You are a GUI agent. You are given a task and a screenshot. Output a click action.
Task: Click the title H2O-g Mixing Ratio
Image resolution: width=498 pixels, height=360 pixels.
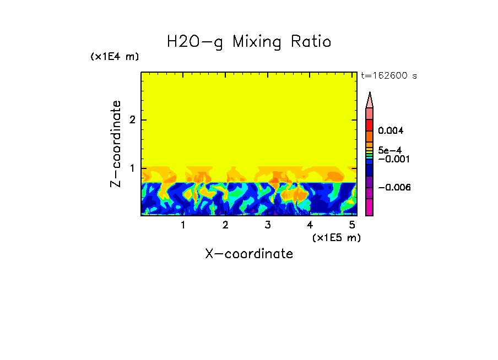[x=249, y=42]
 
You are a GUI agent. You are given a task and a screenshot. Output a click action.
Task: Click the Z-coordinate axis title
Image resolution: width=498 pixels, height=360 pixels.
[x=116, y=144]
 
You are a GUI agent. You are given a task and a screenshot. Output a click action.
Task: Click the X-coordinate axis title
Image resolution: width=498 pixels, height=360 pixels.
[x=249, y=254]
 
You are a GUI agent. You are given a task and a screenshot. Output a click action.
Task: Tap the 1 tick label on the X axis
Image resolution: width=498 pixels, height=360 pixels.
[x=183, y=225]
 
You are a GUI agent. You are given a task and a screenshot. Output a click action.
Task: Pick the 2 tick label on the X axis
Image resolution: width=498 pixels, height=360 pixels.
[x=225, y=225]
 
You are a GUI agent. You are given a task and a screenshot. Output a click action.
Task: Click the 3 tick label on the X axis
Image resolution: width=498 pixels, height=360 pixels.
[x=268, y=225]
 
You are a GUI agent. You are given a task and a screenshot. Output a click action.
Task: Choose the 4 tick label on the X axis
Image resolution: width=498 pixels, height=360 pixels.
[x=310, y=225]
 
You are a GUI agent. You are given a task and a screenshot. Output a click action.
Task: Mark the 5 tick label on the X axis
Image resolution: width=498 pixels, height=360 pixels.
[x=352, y=225]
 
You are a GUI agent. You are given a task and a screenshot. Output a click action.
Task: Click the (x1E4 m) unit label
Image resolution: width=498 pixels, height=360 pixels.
[x=115, y=57]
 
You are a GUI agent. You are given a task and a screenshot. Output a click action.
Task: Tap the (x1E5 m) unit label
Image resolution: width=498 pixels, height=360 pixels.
[x=336, y=237]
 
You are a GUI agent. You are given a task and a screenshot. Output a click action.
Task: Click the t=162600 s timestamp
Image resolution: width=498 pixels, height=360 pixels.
[x=388, y=76]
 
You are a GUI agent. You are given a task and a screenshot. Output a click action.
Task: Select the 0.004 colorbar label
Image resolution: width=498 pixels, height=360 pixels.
[x=391, y=131]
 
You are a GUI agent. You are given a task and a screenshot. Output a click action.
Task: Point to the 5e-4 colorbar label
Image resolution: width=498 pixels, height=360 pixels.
[x=389, y=150]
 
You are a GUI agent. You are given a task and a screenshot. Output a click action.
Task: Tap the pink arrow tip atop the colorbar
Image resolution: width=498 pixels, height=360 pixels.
[x=370, y=100]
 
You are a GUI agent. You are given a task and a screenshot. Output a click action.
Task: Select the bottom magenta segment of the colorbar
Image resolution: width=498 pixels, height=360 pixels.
[x=370, y=207]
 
